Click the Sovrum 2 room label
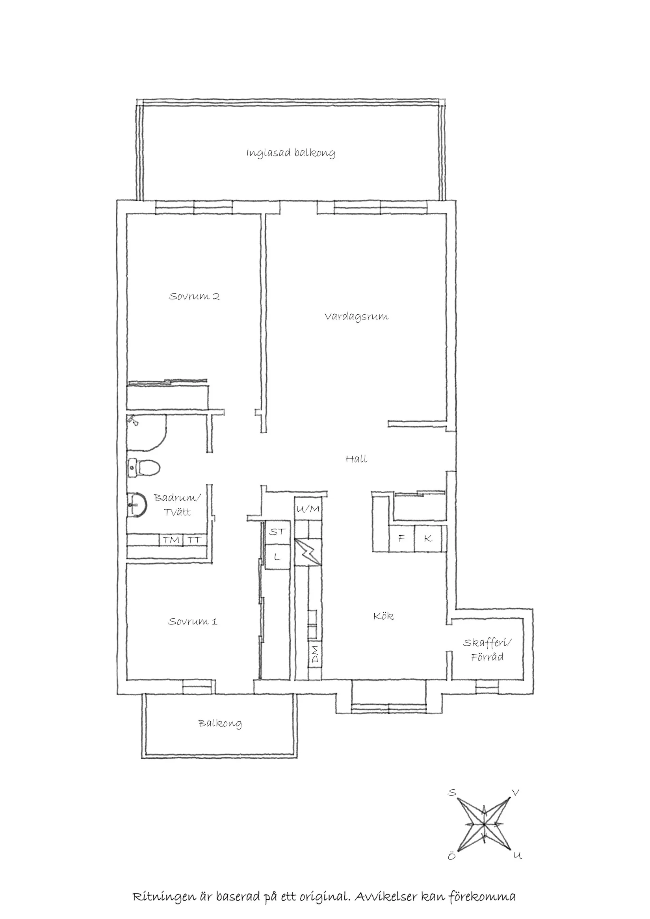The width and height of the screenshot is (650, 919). click(194, 297)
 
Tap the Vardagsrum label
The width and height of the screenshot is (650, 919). click(356, 317)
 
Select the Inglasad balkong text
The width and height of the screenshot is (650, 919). click(291, 153)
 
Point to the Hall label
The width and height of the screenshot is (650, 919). click(356, 459)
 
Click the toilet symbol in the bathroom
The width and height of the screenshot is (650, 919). click(144, 468)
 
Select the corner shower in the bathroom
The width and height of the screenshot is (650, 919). click(144, 432)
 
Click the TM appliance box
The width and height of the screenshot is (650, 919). click(171, 540)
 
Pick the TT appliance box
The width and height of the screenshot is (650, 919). click(195, 540)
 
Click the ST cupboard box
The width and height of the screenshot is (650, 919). click(277, 532)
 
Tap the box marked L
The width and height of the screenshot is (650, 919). click(277, 557)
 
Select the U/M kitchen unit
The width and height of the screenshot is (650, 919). click(308, 509)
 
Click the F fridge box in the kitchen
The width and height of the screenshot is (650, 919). click(401, 538)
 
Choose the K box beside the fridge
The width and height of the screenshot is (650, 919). click(428, 538)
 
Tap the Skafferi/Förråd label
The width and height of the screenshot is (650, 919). click(487, 649)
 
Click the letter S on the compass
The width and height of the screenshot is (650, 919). click(452, 793)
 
